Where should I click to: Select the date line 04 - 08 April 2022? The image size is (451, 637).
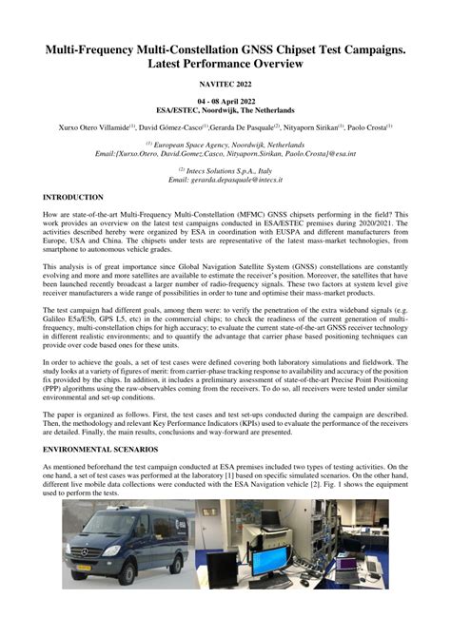tap(225, 101)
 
